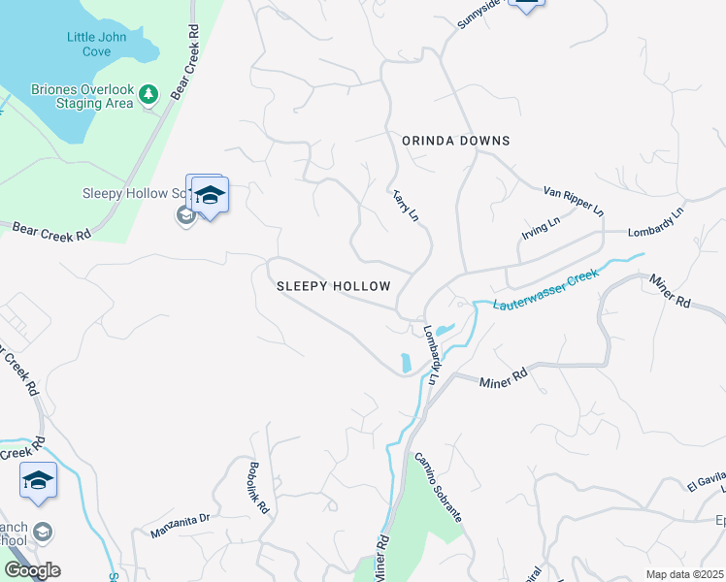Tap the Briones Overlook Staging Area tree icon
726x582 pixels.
(148, 94)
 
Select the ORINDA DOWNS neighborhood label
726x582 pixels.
(455, 141)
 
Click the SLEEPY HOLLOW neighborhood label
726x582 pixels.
(333, 286)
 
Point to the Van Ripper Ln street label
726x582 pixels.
(574, 202)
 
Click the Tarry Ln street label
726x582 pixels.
(405, 203)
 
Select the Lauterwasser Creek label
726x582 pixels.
(543, 289)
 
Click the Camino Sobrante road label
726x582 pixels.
(438, 487)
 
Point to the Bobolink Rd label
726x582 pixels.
(259, 486)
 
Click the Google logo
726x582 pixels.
(32, 569)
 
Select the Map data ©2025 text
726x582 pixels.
(684, 574)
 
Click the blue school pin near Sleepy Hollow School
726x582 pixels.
(210, 197)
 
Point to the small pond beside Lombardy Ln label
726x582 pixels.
(405, 364)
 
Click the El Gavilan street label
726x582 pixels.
(706, 483)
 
